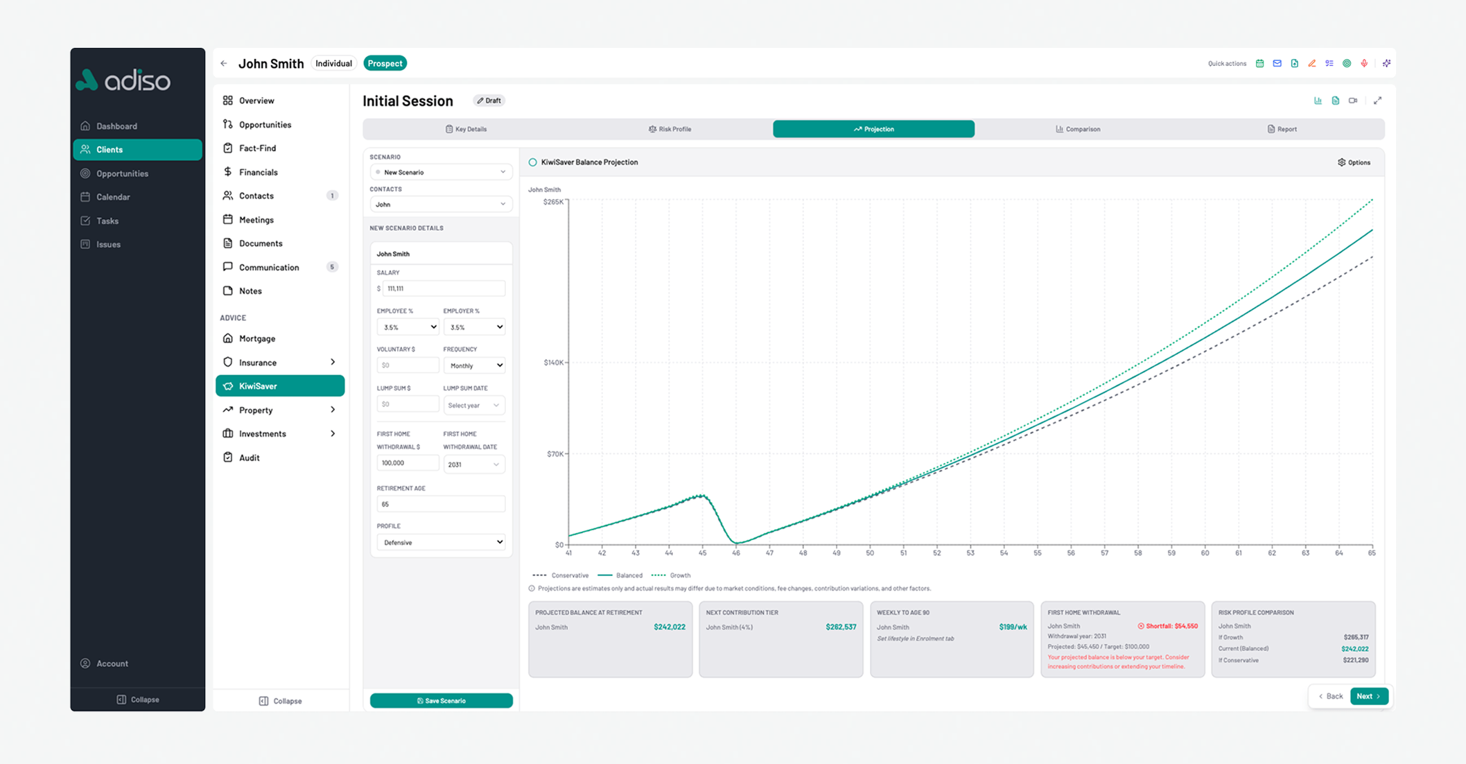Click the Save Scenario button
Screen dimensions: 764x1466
pyautogui.click(x=441, y=700)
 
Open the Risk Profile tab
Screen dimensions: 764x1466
pyautogui.click(x=670, y=129)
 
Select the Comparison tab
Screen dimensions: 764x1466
pyautogui.click(x=1077, y=129)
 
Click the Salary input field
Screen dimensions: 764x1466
pyautogui.click(x=443, y=288)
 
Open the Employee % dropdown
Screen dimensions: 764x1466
pyautogui.click(x=408, y=327)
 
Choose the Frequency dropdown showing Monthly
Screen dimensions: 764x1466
pyautogui.click(x=474, y=365)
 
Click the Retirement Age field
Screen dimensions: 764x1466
pyautogui.click(x=441, y=504)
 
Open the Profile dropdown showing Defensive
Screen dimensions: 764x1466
pyautogui.click(x=441, y=542)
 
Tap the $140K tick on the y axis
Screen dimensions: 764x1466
pyautogui.click(x=554, y=363)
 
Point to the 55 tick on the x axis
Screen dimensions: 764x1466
pyautogui.click(x=1038, y=553)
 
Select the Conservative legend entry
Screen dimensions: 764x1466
pyautogui.click(x=561, y=575)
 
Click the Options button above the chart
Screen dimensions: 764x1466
pyautogui.click(x=1354, y=162)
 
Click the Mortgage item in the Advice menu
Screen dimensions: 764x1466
pyautogui.click(x=257, y=338)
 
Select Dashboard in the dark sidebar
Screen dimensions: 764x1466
pyautogui.click(x=116, y=126)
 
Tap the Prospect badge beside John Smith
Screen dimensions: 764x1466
pyautogui.click(x=385, y=63)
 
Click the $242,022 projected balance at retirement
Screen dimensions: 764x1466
pyautogui.click(x=669, y=627)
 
